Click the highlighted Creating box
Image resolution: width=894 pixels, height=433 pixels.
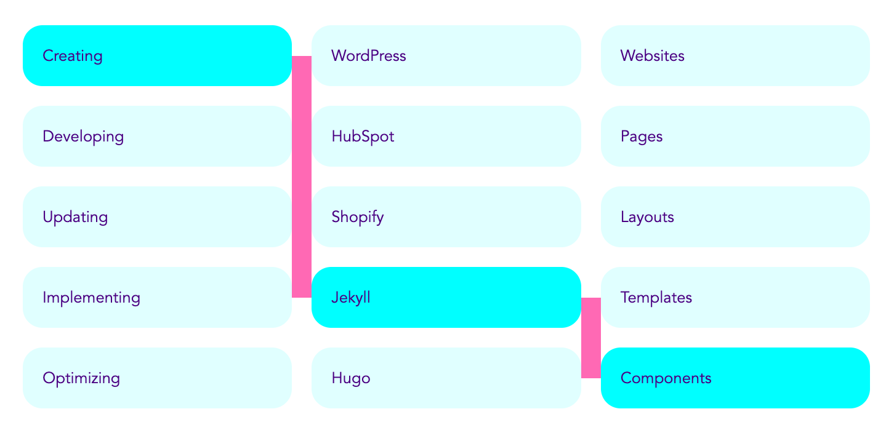click(157, 56)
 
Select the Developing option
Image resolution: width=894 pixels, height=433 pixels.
click(157, 137)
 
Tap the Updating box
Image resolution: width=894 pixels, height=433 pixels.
click(157, 217)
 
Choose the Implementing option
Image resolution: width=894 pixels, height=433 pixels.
click(157, 298)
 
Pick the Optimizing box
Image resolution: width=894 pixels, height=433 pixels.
click(157, 378)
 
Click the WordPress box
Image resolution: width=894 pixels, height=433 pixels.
click(446, 56)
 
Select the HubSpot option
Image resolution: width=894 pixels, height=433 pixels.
click(446, 137)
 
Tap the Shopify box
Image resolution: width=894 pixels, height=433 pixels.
click(446, 217)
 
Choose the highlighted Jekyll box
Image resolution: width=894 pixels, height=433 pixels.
click(446, 298)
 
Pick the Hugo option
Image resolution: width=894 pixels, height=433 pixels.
click(446, 378)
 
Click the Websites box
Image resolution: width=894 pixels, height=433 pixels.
click(735, 56)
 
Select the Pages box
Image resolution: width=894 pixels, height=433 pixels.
click(735, 137)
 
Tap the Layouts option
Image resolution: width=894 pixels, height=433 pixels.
click(735, 217)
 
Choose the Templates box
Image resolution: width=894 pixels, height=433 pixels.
click(735, 298)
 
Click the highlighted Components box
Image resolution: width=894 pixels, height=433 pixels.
click(735, 378)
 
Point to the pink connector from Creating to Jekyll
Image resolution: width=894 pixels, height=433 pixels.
click(302, 177)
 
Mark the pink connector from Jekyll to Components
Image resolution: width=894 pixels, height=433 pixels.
click(591, 338)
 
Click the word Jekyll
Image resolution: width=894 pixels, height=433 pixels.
click(351, 298)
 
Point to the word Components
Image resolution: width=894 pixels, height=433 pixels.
click(666, 379)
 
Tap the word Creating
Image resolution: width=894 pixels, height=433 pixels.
click(73, 56)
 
